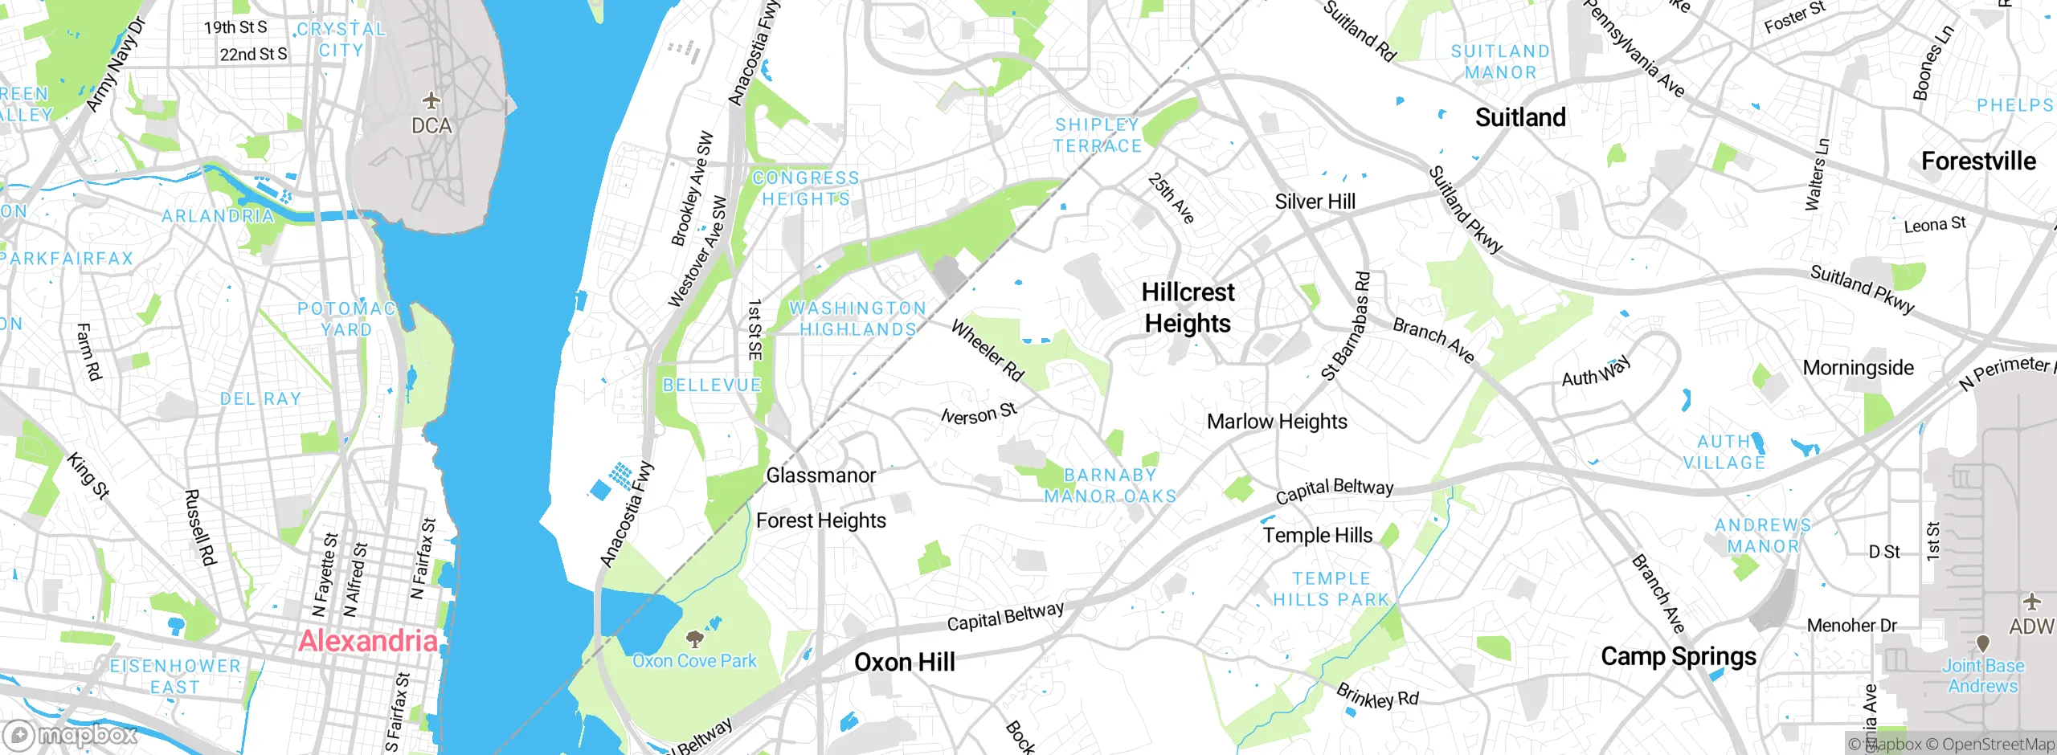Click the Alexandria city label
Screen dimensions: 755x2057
(368, 641)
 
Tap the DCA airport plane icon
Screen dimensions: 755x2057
(432, 101)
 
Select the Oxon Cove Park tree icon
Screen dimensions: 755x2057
(694, 639)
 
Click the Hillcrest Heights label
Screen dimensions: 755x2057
(1188, 308)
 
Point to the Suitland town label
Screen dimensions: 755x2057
(1520, 118)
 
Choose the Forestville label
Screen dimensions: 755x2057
(1978, 161)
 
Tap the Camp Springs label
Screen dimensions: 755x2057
(1679, 657)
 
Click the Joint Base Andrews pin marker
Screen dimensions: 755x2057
(1982, 643)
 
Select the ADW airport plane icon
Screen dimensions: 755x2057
(2031, 602)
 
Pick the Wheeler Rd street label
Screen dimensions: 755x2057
(988, 350)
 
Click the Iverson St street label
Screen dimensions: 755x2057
(979, 414)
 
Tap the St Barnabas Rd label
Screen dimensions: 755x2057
(1346, 326)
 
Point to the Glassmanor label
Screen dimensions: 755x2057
(820, 475)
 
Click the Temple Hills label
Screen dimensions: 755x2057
(1317, 536)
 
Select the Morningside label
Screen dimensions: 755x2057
(1858, 368)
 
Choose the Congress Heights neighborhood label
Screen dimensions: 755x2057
(805, 189)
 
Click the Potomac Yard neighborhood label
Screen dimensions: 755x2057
(346, 319)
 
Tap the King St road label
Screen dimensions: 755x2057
(87, 475)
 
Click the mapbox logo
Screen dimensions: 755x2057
(71, 735)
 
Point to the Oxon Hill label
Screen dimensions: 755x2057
(905, 663)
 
